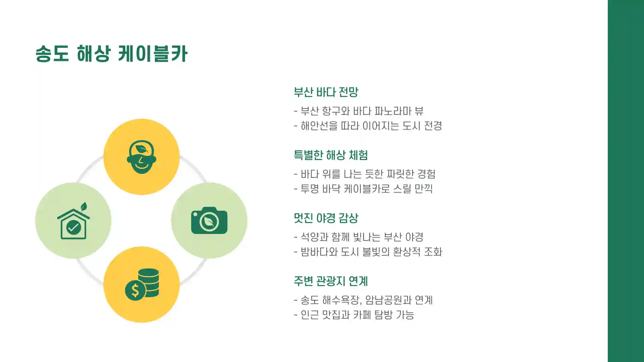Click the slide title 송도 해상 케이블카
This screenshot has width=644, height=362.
tap(111, 54)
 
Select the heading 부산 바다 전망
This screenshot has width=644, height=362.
tap(326, 92)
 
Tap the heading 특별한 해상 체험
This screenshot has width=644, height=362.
tap(330, 155)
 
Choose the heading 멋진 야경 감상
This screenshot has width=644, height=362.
tap(326, 218)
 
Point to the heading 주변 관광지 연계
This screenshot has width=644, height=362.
tap(330, 281)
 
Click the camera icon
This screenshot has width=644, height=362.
tap(209, 221)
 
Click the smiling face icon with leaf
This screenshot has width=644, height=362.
tap(141, 157)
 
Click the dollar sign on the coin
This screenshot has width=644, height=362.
tap(135, 290)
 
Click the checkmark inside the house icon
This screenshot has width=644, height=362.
tap(73, 228)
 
